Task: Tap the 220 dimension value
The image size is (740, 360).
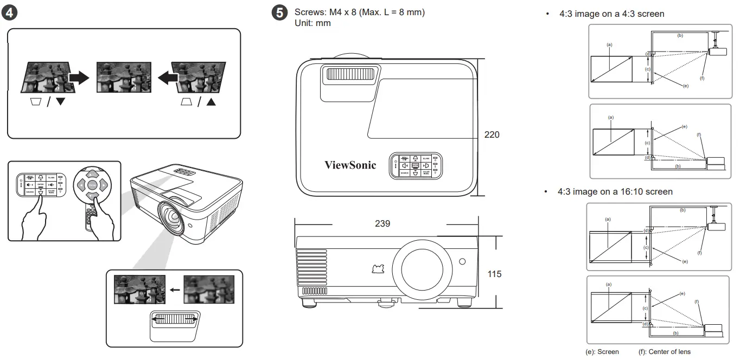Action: point(492,134)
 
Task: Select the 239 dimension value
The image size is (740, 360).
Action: point(382,223)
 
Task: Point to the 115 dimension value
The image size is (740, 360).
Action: point(494,274)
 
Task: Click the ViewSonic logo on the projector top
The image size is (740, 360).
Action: point(350,165)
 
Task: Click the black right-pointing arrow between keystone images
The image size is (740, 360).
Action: point(79,79)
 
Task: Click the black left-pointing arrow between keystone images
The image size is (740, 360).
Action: point(167,79)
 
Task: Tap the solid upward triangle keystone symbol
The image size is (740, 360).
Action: point(210,102)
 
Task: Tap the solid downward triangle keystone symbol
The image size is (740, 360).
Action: point(60,102)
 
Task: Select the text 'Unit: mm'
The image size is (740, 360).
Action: point(312,23)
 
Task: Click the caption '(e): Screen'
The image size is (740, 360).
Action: point(602,351)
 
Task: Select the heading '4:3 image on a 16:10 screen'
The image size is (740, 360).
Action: point(615,192)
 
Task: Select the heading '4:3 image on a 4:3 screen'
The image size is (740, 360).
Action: point(611,14)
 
